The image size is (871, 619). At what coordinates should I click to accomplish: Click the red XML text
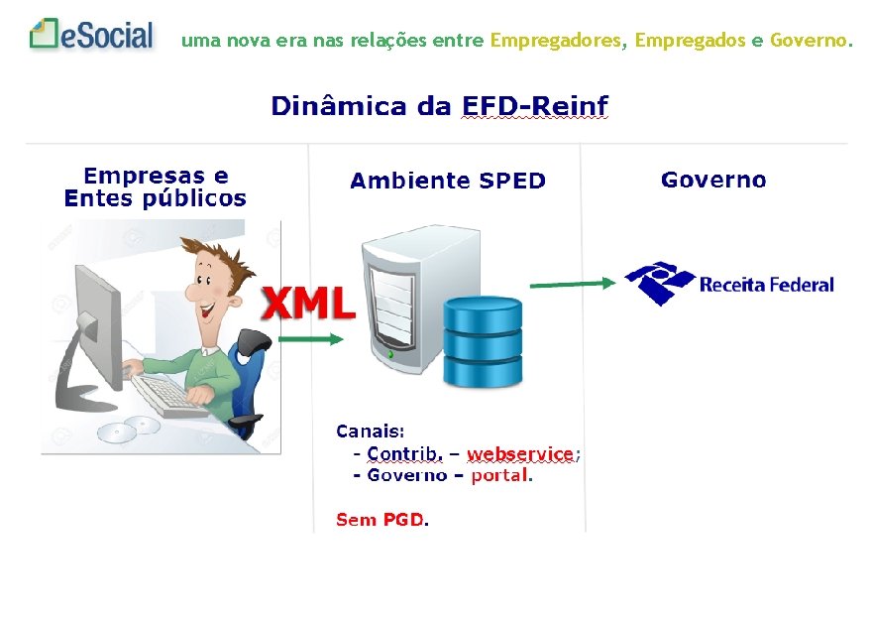click(x=308, y=304)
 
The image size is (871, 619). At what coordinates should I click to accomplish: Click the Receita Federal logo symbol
click(x=659, y=283)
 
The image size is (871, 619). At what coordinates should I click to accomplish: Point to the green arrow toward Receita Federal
click(x=573, y=284)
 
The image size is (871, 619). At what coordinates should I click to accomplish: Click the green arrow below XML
click(x=310, y=339)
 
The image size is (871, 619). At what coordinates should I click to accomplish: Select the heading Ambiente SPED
click(x=448, y=181)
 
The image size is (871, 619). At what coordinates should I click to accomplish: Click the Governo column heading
click(x=713, y=180)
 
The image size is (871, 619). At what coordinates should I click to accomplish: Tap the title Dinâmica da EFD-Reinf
click(x=439, y=106)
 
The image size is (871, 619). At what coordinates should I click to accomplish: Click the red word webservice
click(x=520, y=453)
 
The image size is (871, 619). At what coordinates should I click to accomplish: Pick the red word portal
click(x=500, y=475)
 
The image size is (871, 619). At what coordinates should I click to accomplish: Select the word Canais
click(x=370, y=432)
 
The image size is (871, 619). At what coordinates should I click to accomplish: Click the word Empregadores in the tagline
click(x=557, y=41)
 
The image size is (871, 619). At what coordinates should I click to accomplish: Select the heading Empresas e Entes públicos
click(x=155, y=187)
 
